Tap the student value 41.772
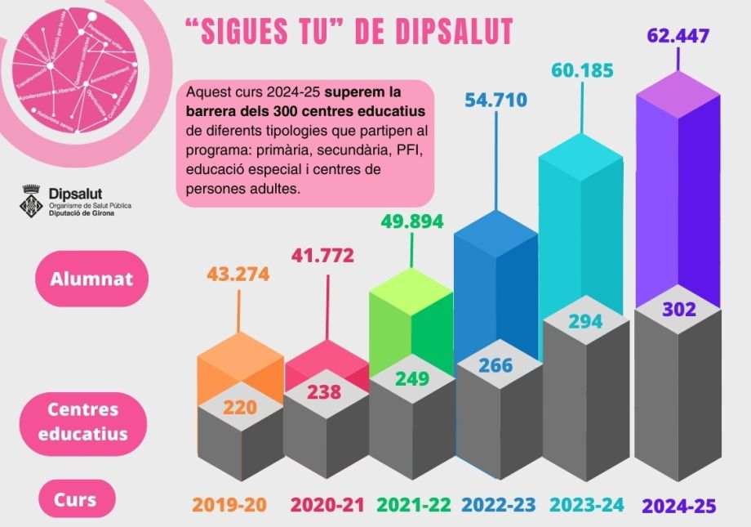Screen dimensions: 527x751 click(x=323, y=256)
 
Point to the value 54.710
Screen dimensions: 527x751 click(x=496, y=100)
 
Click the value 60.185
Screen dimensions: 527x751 click(x=584, y=70)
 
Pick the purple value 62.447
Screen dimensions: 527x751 click(x=678, y=36)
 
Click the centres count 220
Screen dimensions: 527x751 click(x=241, y=405)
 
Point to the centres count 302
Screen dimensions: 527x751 click(x=679, y=310)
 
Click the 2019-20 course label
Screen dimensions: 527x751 click(x=229, y=506)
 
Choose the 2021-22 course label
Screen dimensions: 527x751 click(x=414, y=506)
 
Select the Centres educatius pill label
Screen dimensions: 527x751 click(x=82, y=422)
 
